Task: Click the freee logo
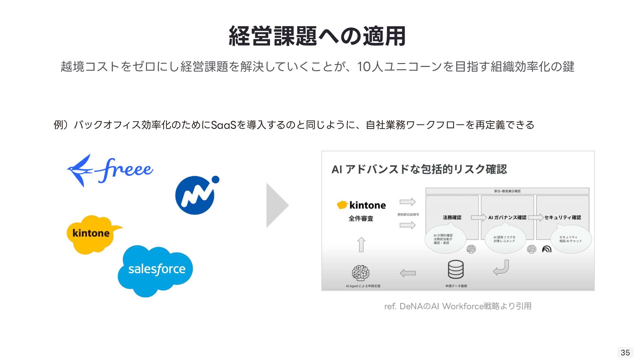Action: pyautogui.click(x=110, y=170)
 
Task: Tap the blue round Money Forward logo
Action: pyautogui.click(x=196, y=195)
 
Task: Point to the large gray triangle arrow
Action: pyautogui.click(x=276, y=205)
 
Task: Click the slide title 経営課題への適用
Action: pyautogui.click(x=317, y=36)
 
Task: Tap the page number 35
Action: pyautogui.click(x=625, y=352)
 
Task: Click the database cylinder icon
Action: pyautogui.click(x=455, y=269)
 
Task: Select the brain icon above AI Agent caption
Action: pyautogui.click(x=360, y=273)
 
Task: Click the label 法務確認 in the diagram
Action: pyautogui.click(x=452, y=217)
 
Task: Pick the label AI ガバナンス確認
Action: pyautogui.click(x=507, y=217)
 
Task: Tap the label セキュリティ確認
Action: pyautogui.click(x=563, y=217)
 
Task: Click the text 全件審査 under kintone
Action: pyautogui.click(x=361, y=219)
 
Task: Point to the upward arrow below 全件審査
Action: pyautogui.click(x=361, y=244)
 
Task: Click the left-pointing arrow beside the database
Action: pyautogui.click(x=408, y=273)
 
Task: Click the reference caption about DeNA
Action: pyautogui.click(x=458, y=306)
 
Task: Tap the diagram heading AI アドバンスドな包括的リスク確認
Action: pyautogui.click(x=419, y=169)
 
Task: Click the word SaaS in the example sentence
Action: pyautogui.click(x=223, y=125)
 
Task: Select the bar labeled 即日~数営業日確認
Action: pyautogui.click(x=507, y=191)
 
